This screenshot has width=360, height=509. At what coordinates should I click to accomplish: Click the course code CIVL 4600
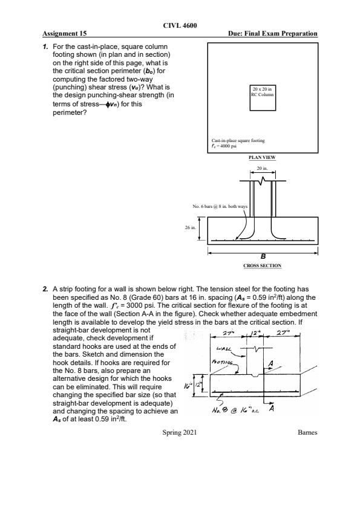point(180,25)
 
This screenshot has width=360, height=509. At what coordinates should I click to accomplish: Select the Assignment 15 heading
point(65,33)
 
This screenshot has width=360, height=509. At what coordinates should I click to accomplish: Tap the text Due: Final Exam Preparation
point(273,33)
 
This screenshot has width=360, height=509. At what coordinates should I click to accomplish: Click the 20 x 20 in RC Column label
point(263,92)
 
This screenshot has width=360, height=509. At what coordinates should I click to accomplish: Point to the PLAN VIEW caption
point(262,157)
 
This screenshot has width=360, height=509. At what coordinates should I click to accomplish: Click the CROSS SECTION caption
point(262,265)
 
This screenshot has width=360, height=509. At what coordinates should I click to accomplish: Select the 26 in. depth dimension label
point(191,227)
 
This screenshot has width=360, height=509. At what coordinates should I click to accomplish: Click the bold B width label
point(263,257)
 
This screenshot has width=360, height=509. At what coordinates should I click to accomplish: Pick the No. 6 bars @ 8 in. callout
point(220,206)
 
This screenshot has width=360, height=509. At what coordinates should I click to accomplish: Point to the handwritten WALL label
point(224,349)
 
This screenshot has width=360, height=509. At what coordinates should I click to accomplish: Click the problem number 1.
point(45,47)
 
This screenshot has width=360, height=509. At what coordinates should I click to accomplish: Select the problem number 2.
point(45,289)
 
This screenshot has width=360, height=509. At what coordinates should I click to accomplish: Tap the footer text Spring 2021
point(179,432)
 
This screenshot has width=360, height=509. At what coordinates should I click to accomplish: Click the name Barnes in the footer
point(307,432)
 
